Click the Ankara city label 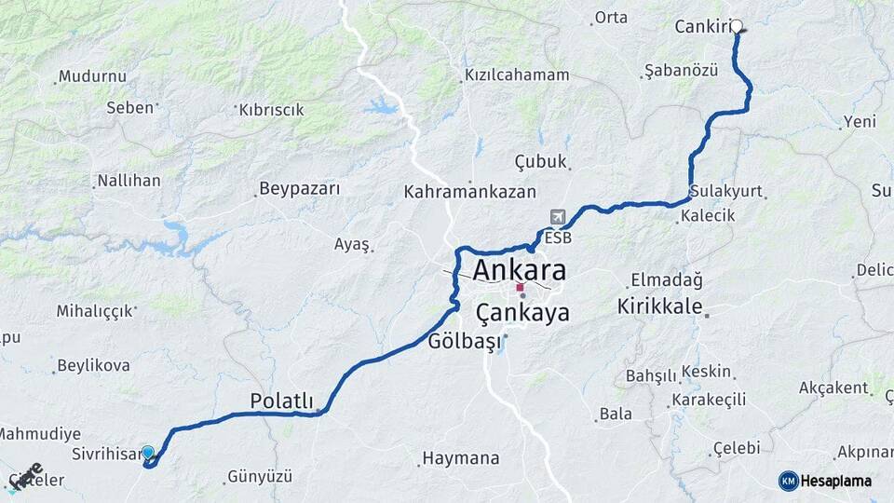(x=519, y=271)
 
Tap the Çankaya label (x=522, y=313)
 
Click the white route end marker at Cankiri (x=737, y=26)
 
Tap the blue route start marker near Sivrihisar (x=147, y=453)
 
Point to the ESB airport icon (x=558, y=217)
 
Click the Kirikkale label (x=659, y=306)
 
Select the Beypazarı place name (x=300, y=188)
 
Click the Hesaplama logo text (x=836, y=481)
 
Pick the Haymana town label (x=461, y=458)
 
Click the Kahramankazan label (x=470, y=192)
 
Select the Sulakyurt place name (x=727, y=191)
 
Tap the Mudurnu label (x=94, y=76)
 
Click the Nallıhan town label (x=129, y=181)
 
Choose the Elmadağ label (x=667, y=279)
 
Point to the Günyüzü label (x=261, y=477)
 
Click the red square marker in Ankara (x=520, y=288)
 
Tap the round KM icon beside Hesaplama (x=788, y=481)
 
